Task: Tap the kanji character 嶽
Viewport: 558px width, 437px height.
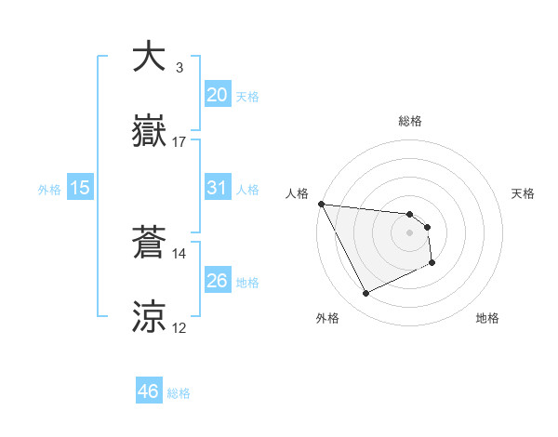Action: pos(151,133)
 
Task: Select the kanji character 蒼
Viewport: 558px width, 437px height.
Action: pos(151,244)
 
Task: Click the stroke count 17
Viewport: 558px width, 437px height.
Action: pos(179,142)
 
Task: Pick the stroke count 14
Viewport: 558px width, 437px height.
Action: pos(179,253)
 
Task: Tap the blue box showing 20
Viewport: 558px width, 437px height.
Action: pos(218,95)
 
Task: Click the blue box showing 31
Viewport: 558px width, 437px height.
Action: pos(218,188)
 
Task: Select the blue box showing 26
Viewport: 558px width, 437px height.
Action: pos(218,281)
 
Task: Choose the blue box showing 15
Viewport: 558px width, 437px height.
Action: pos(80,188)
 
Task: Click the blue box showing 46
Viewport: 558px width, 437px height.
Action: pos(149,391)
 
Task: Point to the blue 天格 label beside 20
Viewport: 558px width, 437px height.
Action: pos(247,97)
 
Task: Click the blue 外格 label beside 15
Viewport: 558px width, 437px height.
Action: pos(49,190)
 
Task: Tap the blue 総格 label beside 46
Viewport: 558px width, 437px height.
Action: pos(179,393)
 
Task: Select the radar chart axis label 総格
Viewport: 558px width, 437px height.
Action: pos(410,121)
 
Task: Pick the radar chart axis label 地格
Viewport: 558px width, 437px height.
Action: pos(487,318)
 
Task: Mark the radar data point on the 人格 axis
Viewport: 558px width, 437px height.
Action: pos(321,204)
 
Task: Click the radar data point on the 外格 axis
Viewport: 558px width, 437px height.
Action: pos(365,294)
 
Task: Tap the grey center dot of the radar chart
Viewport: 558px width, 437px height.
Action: pos(410,232)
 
